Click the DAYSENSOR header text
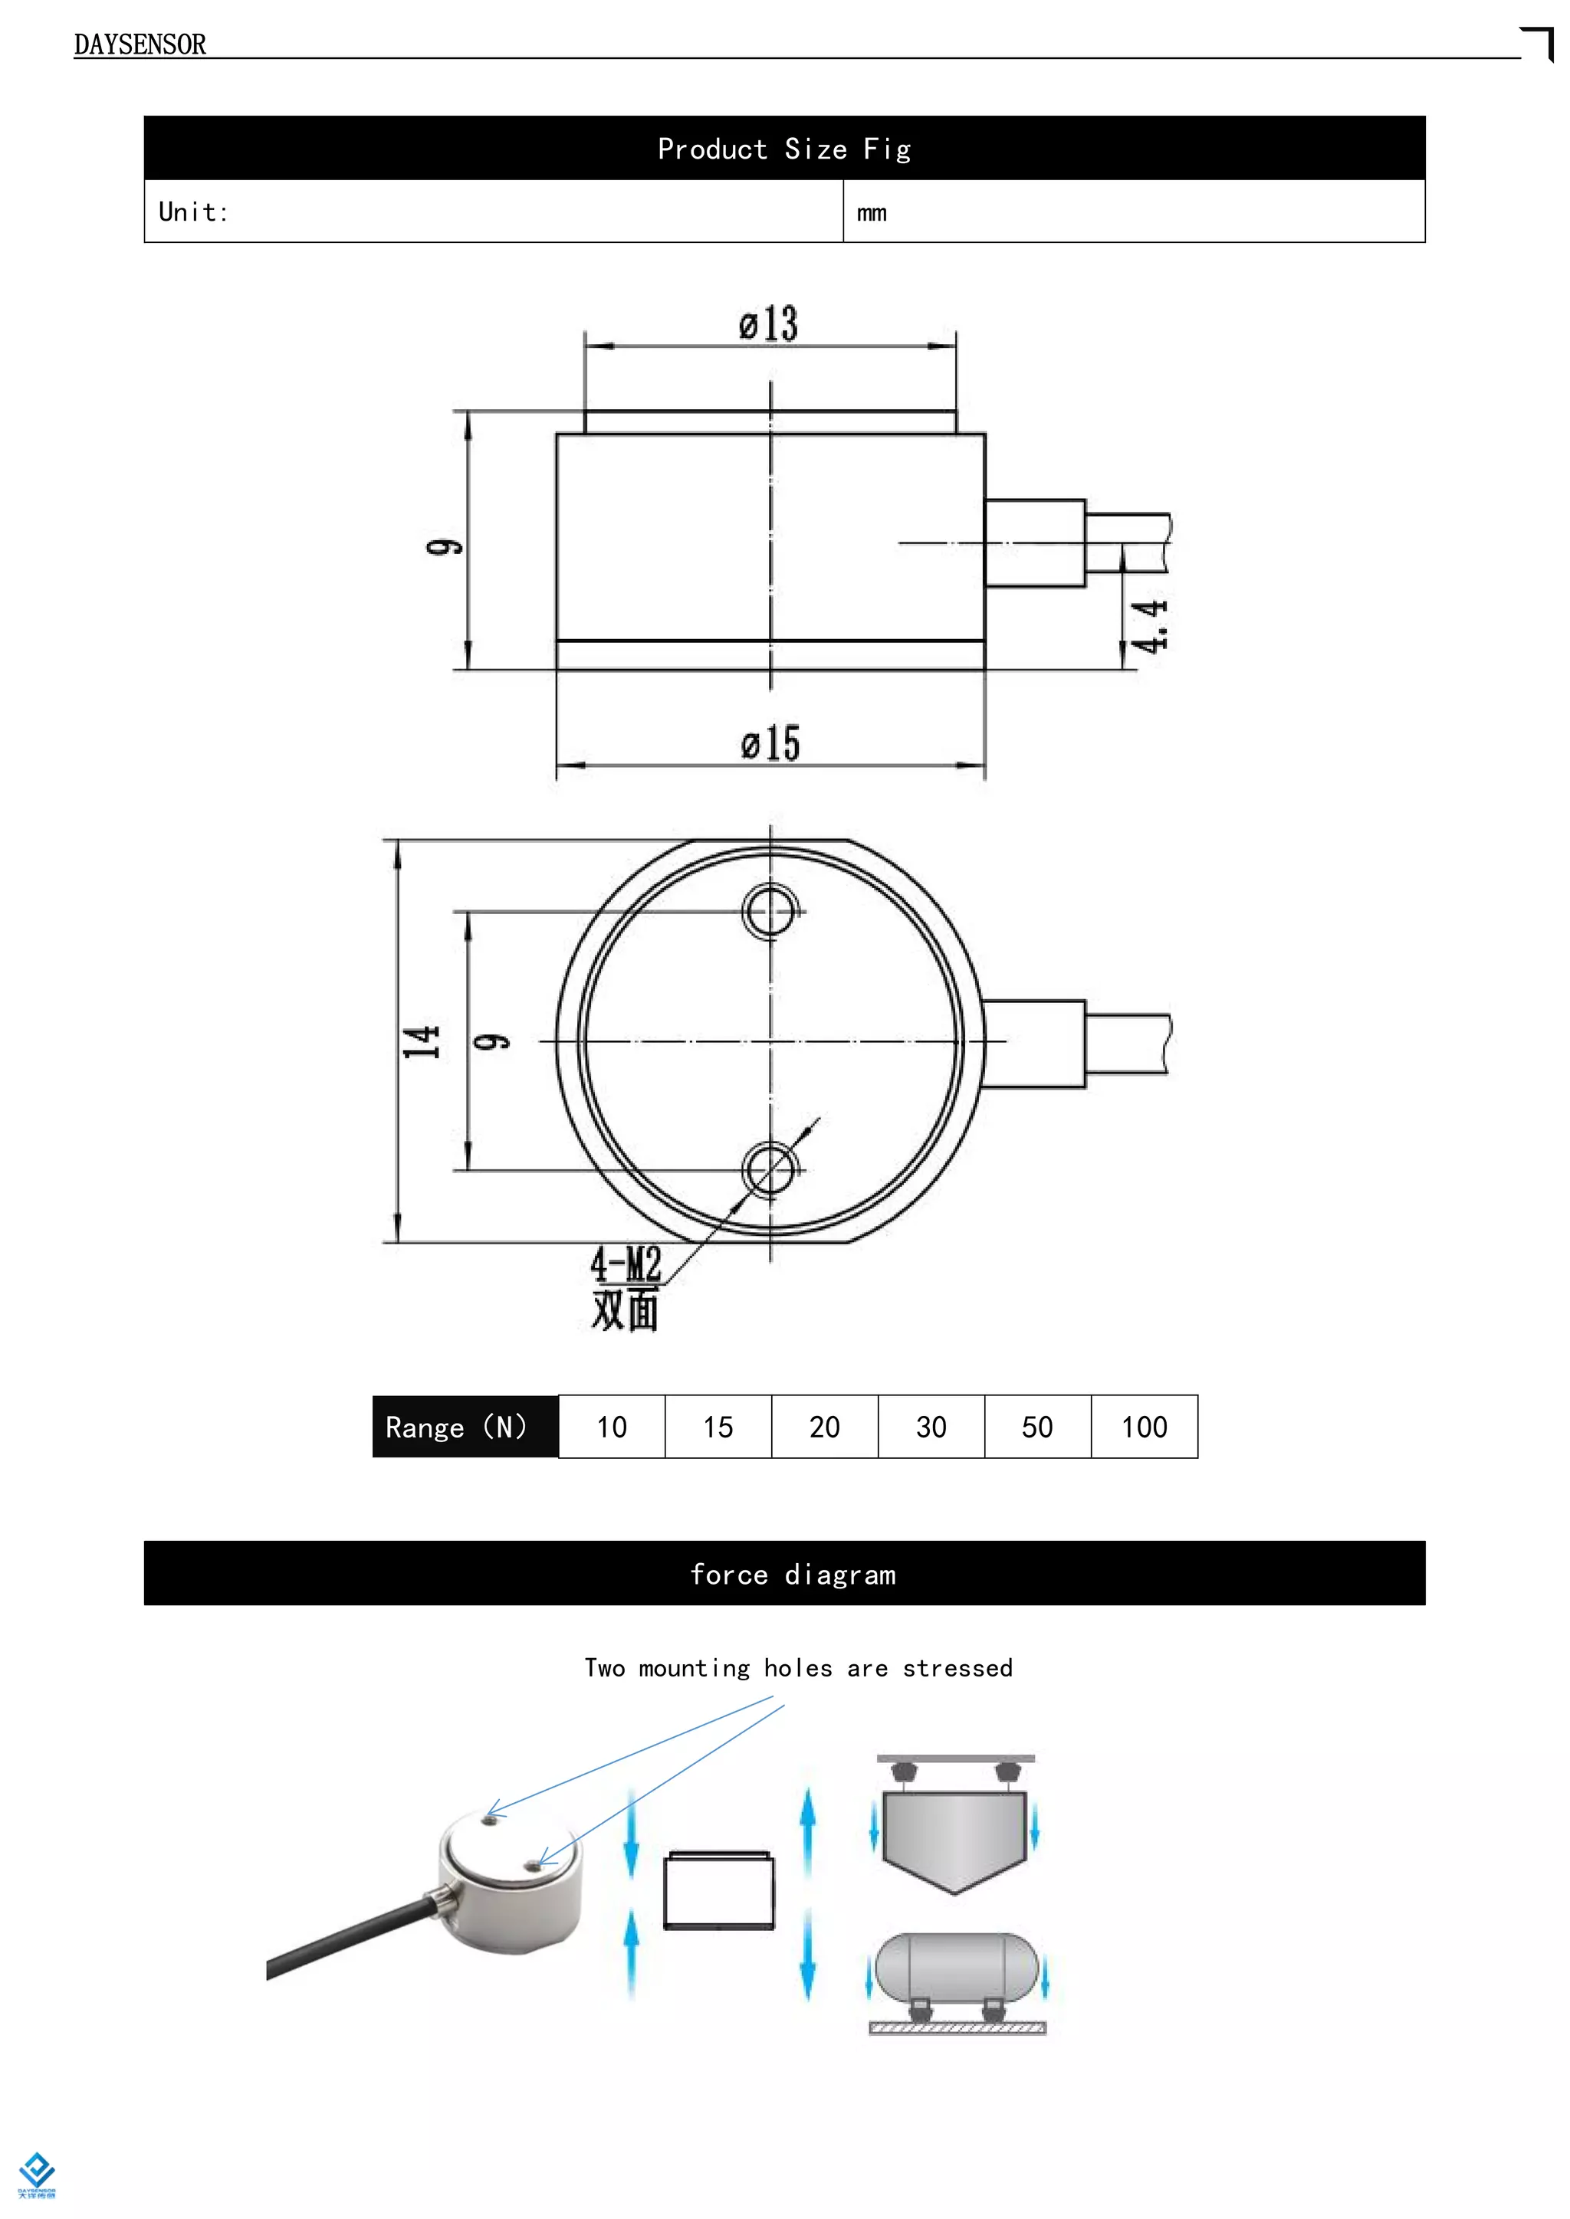click(x=140, y=44)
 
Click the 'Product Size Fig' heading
click(x=784, y=149)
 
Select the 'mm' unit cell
click(x=871, y=212)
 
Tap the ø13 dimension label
click(x=769, y=324)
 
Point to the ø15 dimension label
click(x=770, y=744)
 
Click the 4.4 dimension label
click(x=1151, y=625)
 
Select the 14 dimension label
click(x=421, y=1042)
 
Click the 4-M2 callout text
click(x=626, y=1264)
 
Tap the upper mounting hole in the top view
click(x=770, y=910)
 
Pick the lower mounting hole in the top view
click(x=770, y=1169)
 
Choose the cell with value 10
click(x=611, y=1427)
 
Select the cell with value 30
click(x=931, y=1427)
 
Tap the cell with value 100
click(x=1144, y=1427)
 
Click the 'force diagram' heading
click(x=793, y=1575)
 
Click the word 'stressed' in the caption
click(x=957, y=1668)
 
